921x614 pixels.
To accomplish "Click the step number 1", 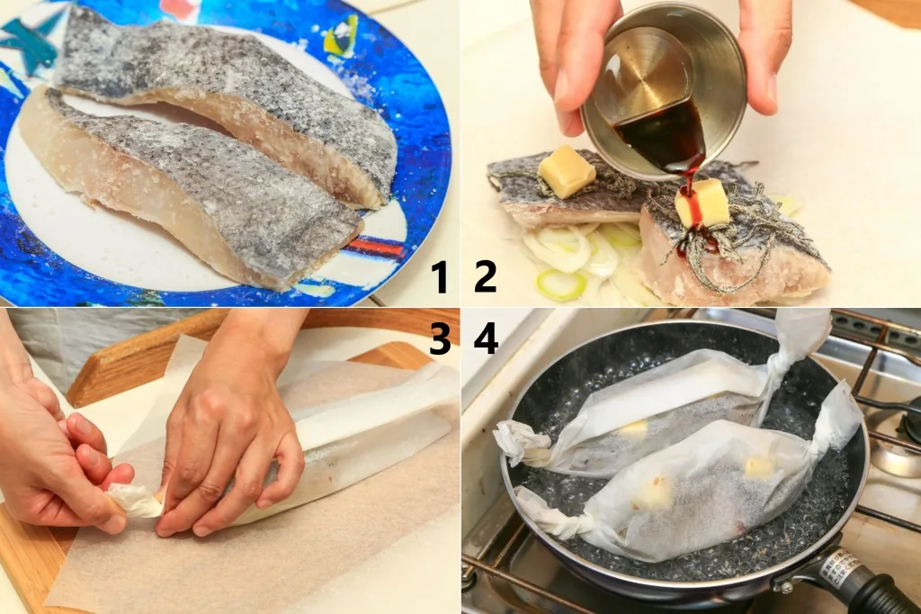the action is coord(440,277).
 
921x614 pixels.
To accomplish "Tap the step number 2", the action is coord(485,277).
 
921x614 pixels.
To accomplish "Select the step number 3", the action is coord(440,339).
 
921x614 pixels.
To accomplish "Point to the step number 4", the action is coord(486,339).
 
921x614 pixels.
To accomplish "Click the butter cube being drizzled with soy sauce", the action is coord(702,203).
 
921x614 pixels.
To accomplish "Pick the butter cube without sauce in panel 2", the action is coord(567,171).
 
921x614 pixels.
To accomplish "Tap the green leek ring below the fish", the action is coord(561,284).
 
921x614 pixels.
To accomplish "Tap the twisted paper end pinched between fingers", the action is coord(134,500).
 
